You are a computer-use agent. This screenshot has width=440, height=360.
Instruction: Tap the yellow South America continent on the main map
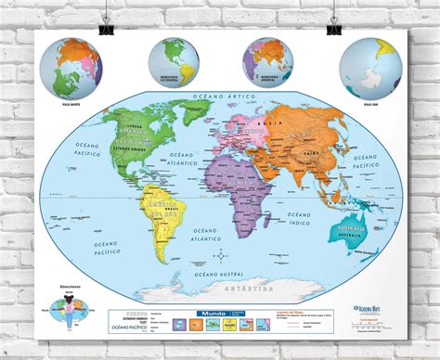pyautogui.click(x=159, y=223)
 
